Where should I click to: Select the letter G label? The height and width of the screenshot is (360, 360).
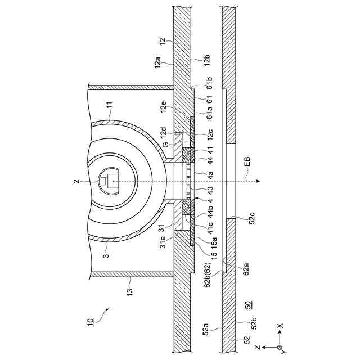(x=166, y=145)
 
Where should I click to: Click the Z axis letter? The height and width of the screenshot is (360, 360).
(x=256, y=348)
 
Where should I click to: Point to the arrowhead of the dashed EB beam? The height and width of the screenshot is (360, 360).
(x=257, y=181)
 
